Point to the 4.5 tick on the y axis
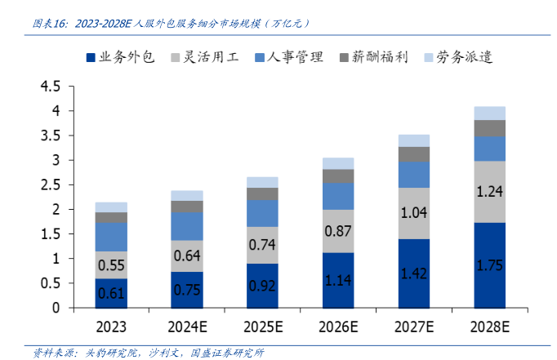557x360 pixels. click(x=51, y=86)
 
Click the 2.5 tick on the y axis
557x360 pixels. click(x=51, y=184)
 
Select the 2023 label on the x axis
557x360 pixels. click(x=110, y=328)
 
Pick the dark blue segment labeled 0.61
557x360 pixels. click(x=110, y=293)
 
